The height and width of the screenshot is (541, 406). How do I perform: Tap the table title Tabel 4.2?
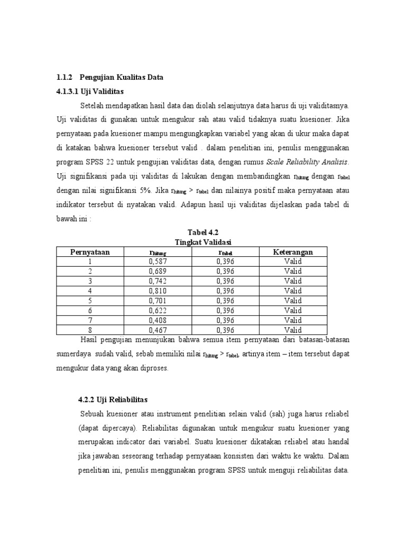[x=202, y=232]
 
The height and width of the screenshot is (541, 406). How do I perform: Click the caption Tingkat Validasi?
[x=202, y=242]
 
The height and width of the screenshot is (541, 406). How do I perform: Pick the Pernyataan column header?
[x=90, y=252]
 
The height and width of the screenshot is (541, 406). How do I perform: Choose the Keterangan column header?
[x=293, y=252]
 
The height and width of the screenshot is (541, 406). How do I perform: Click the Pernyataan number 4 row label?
[x=90, y=290]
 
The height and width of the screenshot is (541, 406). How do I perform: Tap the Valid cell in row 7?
[x=293, y=320]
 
